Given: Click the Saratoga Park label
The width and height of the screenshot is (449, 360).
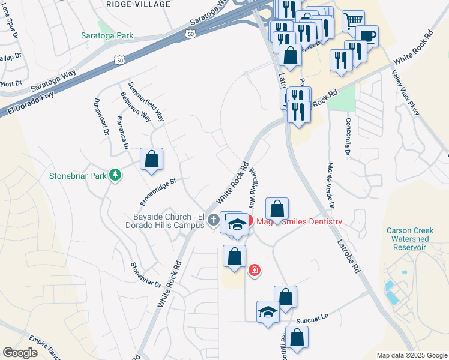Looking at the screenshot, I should (107, 35).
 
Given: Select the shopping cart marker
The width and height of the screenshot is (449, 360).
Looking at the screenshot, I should (353, 21).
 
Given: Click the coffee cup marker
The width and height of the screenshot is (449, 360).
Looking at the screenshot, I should (367, 36).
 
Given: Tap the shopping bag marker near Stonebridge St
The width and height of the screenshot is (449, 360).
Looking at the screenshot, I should (152, 160).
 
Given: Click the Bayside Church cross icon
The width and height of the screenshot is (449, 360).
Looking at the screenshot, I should (212, 221).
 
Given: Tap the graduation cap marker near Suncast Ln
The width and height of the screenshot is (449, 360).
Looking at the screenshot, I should (268, 312).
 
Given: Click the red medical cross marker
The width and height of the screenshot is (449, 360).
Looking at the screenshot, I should (255, 271).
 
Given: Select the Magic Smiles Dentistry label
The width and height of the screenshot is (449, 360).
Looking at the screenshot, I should (299, 221).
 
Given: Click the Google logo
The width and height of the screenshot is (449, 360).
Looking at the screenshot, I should (20, 352).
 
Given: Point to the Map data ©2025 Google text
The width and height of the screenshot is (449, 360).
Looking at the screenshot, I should (412, 355).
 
